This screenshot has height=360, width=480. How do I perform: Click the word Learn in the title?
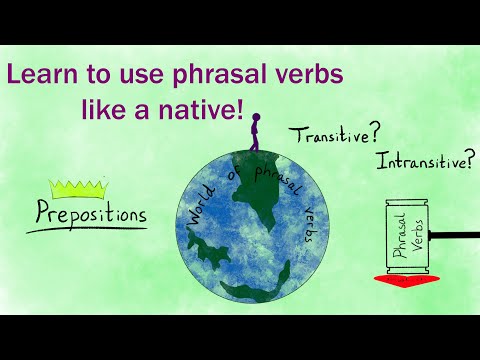(x=40, y=75)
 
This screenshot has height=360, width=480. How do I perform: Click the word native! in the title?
(x=205, y=109)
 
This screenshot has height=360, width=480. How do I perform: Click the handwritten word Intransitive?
(x=421, y=160)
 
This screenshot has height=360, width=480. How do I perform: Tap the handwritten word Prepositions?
(x=92, y=213)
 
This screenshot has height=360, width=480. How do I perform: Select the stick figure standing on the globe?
(x=254, y=134)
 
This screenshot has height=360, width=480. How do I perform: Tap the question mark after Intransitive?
(x=469, y=155)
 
